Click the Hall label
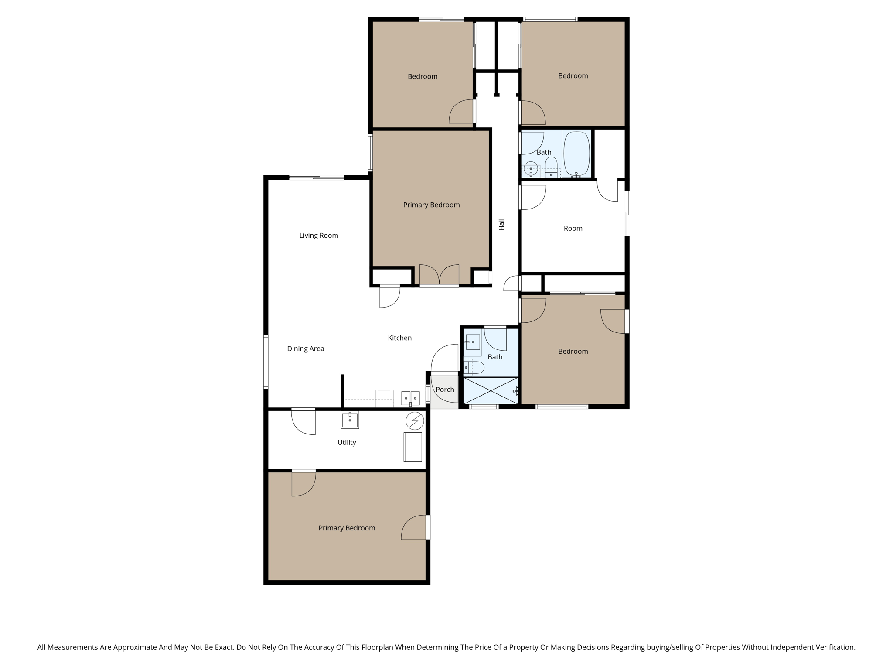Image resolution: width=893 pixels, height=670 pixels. (501, 224)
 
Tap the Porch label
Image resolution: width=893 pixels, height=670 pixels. (445, 390)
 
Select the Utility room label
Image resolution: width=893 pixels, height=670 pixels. (347, 442)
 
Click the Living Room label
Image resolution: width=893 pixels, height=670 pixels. (319, 236)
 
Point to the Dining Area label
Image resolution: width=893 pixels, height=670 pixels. (305, 349)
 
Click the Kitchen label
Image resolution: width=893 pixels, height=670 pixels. (399, 338)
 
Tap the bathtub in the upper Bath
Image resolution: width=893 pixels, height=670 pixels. (576, 154)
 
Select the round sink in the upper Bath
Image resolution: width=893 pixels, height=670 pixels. (531, 168)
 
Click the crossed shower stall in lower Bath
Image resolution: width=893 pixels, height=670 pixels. (491, 391)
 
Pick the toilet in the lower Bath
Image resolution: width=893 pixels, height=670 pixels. (474, 368)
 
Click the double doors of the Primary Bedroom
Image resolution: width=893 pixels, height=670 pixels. (439, 275)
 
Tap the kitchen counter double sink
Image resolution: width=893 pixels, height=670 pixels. (410, 398)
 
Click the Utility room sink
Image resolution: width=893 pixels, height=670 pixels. (350, 420)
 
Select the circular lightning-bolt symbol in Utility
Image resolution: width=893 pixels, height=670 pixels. (415, 421)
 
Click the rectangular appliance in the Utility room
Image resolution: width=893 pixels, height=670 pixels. (412, 447)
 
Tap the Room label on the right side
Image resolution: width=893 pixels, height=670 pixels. (573, 228)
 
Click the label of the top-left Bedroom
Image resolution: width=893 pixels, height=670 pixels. (423, 76)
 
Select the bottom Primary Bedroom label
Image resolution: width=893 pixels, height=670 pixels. (347, 528)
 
